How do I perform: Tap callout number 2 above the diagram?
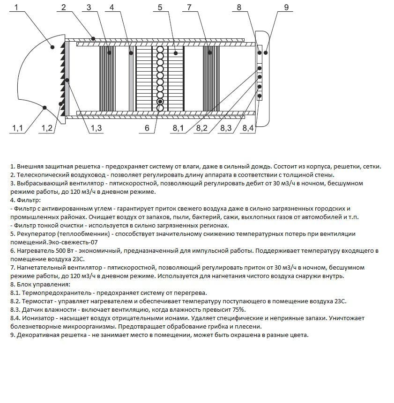63,7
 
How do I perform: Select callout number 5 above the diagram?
160,7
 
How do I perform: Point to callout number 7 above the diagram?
189,7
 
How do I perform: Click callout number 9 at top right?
286,7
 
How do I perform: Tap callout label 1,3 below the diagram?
96,128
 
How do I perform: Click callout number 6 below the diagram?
147,128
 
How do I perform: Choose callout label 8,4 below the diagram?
248,128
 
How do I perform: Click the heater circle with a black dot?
160,102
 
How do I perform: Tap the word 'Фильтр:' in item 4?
26,200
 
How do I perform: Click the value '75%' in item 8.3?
238,309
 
